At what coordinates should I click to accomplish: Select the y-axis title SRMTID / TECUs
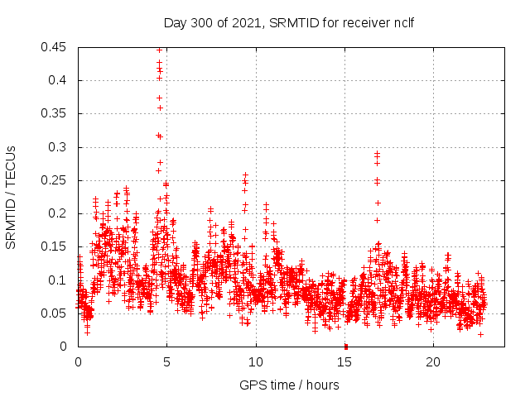click(12, 197)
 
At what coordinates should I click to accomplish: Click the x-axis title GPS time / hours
click(289, 385)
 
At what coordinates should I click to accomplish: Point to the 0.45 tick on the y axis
click(55, 47)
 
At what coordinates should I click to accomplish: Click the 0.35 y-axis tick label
click(55, 113)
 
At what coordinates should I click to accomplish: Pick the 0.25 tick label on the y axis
click(55, 180)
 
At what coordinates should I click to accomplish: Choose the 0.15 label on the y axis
click(55, 246)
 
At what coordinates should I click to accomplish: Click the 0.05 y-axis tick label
click(55, 313)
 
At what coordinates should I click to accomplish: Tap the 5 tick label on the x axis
click(167, 361)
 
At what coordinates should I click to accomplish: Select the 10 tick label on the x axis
click(256, 361)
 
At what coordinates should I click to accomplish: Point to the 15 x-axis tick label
click(344, 361)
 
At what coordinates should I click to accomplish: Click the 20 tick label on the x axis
click(433, 361)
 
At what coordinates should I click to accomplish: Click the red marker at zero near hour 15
click(345, 346)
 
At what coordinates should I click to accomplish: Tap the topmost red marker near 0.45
click(160, 50)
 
